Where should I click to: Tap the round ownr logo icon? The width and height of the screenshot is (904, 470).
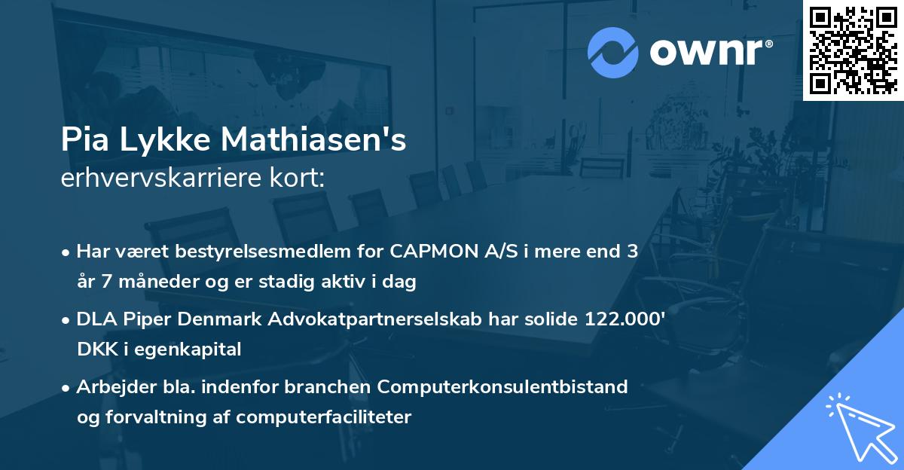click(612, 52)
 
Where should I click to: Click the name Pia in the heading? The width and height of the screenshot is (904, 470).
click(82, 141)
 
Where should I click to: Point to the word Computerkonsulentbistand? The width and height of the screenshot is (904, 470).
click(502, 387)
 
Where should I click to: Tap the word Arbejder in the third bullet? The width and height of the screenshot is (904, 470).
click(110, 387)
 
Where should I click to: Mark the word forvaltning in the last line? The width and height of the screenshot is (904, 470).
click(151, 417)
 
